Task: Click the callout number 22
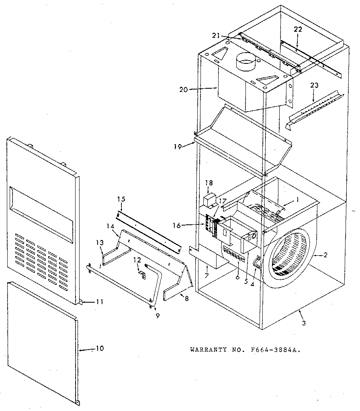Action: point(297,29)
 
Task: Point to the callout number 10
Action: point(100,348)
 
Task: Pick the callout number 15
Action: point(121,199)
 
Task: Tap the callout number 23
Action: point(314,85)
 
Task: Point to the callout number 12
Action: point(137,260)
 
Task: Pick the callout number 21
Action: point(216,36)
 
